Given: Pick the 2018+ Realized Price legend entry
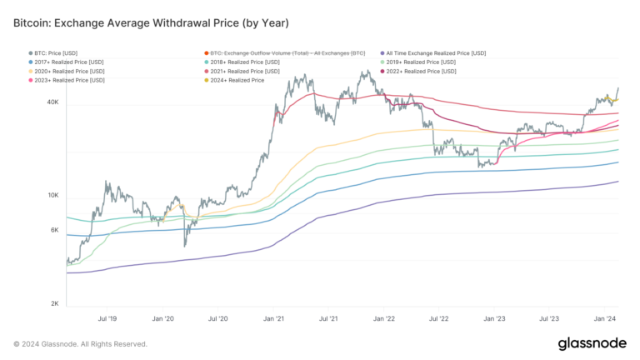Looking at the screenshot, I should (247, 62).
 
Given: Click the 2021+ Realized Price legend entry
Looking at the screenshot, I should (247, 71).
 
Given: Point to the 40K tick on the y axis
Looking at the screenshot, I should (52, 102).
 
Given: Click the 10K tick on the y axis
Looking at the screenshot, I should (52, 196).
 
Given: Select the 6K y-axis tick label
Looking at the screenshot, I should (53, 231).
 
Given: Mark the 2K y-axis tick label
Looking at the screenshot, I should (53, 304).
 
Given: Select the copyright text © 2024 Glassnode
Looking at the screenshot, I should (80, 343).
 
